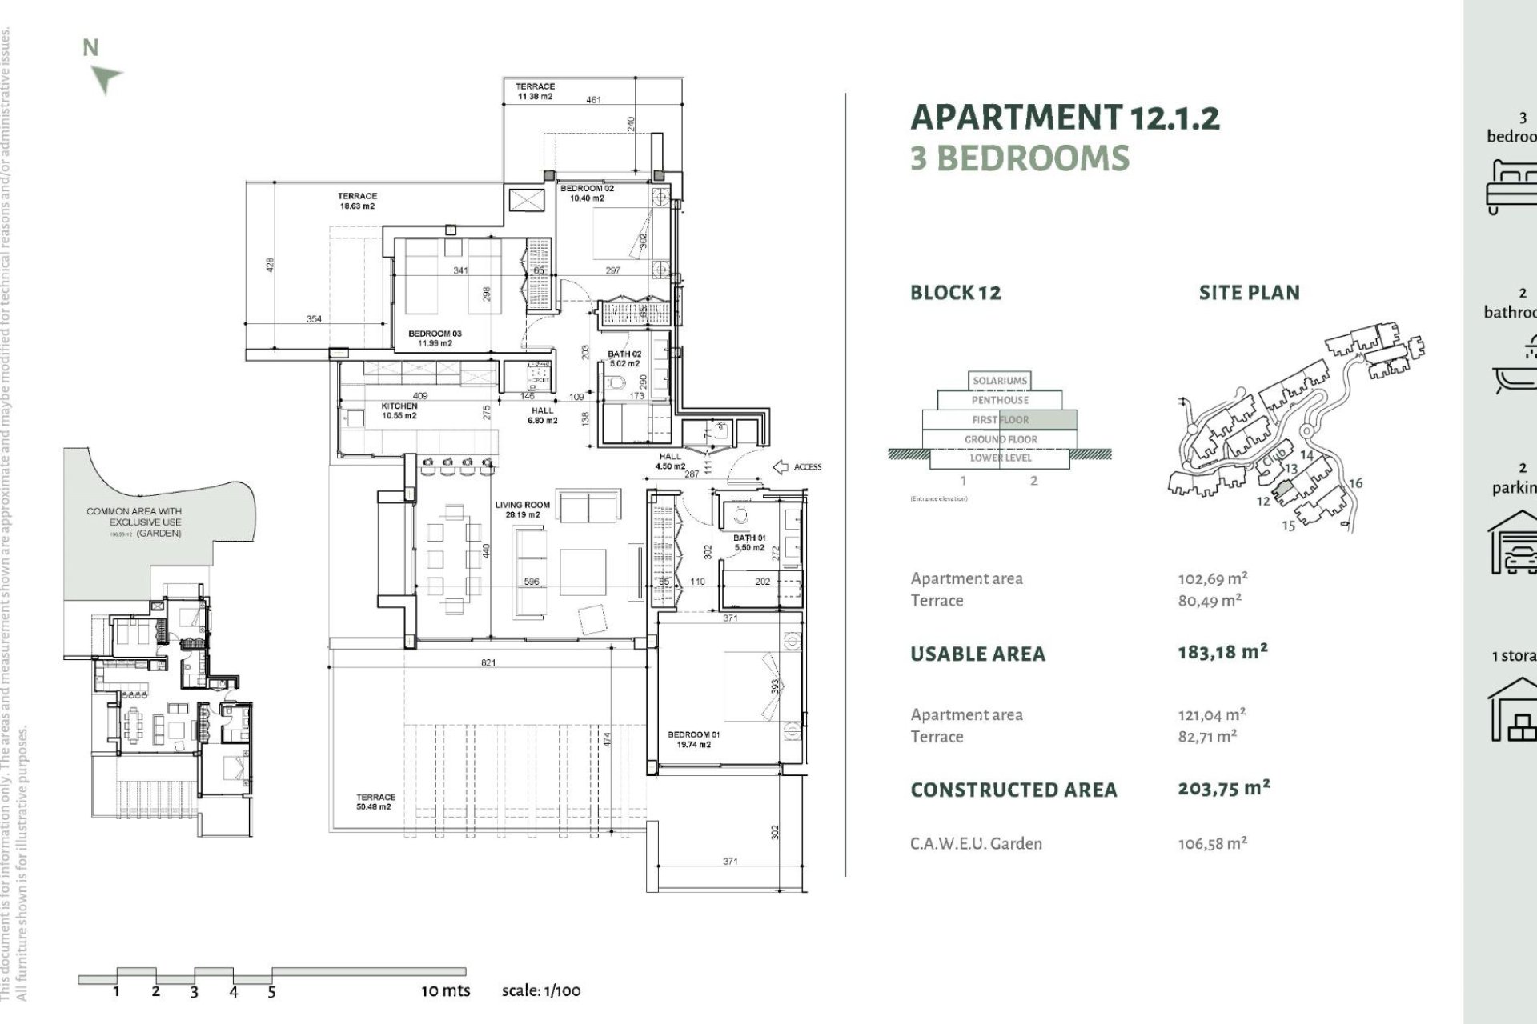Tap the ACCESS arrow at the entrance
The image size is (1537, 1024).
point(781,466)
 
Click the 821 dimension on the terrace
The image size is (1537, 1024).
point(488,662)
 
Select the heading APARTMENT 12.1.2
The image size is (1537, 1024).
point(1065,118)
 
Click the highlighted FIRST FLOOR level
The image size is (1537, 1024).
point(1001,419)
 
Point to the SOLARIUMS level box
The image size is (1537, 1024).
point(1000,381)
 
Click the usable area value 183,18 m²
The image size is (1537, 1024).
point(1222,652)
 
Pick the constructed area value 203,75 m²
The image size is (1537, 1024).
point(1223,788)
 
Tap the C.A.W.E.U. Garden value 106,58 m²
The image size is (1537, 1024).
point(1212,843)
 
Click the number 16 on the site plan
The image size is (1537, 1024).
point(1355,483)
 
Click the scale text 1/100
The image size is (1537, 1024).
point(541,990)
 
